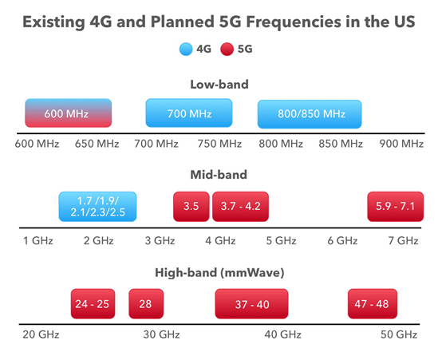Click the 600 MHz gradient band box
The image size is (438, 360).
pos(68,113)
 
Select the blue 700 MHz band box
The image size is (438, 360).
pos(189,113)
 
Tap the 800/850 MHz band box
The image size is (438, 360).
pos(310,113)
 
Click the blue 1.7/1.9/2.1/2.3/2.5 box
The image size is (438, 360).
pos(98,207)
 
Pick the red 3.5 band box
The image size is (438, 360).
pos(191,207)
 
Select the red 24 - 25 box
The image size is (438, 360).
pos(94,303)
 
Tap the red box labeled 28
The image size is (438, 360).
pos(146,303)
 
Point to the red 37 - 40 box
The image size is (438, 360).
pos(251,303)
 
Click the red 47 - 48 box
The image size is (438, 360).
pos(373,303)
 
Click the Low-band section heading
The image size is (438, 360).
pos(219,84)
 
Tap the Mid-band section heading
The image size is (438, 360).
pos(219,175)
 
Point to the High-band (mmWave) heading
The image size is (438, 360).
pos(219,272)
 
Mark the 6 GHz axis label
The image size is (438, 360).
pos(343,239)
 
